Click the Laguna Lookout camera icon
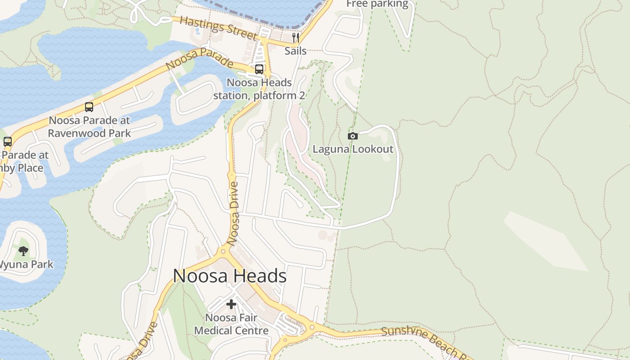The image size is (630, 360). click(353, 136)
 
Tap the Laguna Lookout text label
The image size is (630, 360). click(353, 149)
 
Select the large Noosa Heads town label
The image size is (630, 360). click(229, 276)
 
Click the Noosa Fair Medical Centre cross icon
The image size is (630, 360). click(231, 304)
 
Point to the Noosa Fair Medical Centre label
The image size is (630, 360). click(231, 324)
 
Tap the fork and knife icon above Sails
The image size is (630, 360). click(295, 37)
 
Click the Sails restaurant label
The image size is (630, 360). click(296, 51)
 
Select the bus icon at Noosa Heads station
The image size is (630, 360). click(259, 69)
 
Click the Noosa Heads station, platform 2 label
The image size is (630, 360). click(259, 89)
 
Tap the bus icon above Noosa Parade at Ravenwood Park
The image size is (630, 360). click(89, 107)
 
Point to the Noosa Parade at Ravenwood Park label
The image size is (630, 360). click(89, 127)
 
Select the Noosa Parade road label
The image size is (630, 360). click(199, 58)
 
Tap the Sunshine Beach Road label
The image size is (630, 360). click(425, 342)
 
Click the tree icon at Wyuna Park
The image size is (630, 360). click(23, 251)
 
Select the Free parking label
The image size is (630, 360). click(377, 4)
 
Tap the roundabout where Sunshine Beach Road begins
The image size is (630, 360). click(310, 327)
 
